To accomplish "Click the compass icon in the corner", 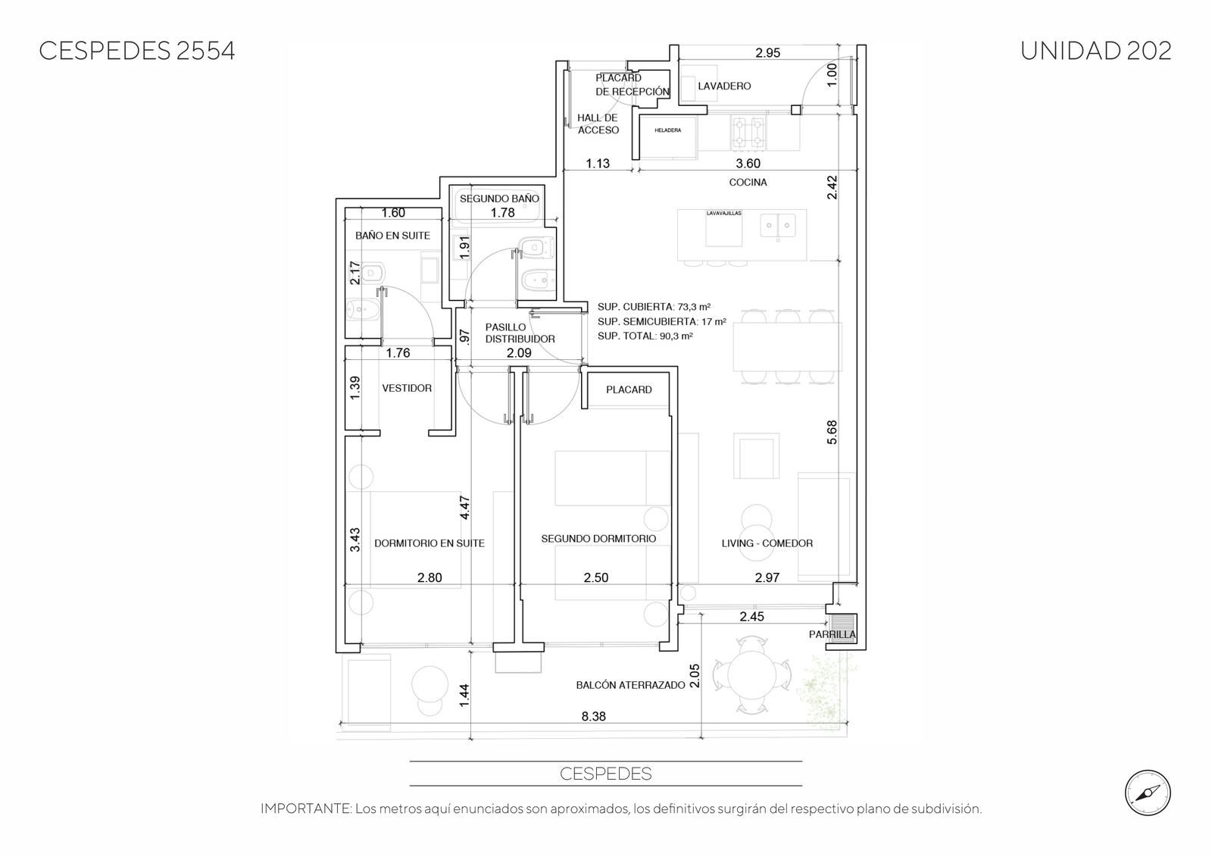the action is pos(1148,793).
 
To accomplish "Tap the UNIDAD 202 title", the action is pos(1095,51).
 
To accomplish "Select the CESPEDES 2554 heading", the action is pos(137,51).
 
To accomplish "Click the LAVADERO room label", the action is pos(724,86).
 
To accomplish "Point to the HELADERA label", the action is pos(667,130).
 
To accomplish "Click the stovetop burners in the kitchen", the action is pos(748,133).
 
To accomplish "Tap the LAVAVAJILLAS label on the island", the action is pos(723,213).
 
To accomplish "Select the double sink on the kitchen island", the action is pos(777,225).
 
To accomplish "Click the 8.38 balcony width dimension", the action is pos(594,716).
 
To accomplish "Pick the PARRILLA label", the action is pos(832,634).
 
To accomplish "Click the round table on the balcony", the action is pos(751,674).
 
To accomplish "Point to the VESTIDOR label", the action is pos(407,388).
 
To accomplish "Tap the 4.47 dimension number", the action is pos(464,508).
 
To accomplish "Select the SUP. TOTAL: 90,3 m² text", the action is pos(645,336).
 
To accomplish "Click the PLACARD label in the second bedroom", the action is pos(629,389).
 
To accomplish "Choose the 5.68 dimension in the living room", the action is pos(832,432).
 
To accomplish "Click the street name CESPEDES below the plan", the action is pos(605,774).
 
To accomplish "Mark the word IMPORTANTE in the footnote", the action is pos(306,809).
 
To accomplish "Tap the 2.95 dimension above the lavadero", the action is pos(768,53).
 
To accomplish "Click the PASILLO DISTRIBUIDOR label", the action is pos(520,333).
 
